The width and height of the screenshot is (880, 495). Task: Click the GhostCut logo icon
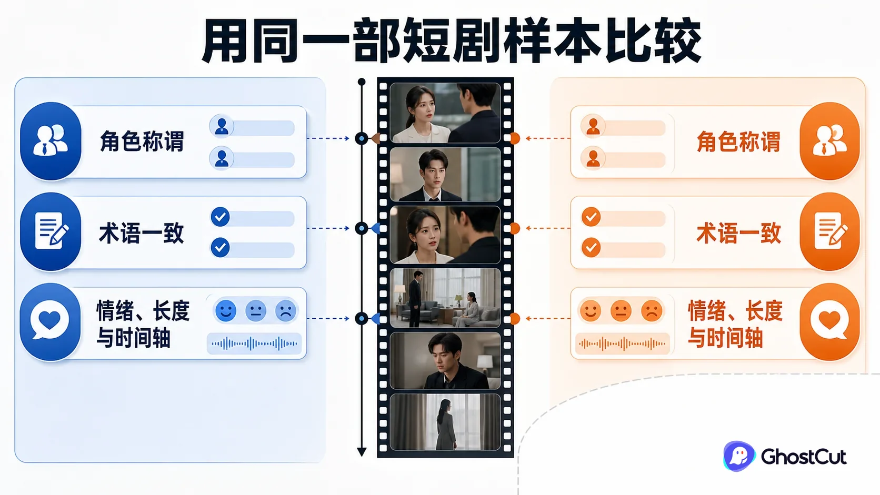click(739, 456)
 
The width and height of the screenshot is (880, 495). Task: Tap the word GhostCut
click(803, 457)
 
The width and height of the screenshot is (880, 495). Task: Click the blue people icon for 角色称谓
click(51, 141)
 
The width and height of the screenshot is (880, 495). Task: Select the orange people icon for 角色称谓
click(829, 141)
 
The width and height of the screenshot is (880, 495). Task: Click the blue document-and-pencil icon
click(51, 231)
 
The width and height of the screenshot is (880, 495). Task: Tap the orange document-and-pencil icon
click(829, 231)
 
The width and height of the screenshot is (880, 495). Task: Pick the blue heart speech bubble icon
click(51, 322)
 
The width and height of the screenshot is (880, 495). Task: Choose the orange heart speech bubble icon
click(829, 322)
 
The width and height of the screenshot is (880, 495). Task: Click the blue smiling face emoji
click(226, 311)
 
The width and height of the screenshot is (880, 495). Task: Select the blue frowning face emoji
click(286, 311)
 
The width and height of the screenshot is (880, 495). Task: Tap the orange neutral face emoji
click(621, 311)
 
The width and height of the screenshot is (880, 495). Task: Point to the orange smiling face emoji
click(591, 311)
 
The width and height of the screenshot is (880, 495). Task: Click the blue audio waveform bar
click(254, 344)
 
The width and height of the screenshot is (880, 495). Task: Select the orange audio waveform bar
click(622, 344)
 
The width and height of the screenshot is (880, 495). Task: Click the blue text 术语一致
click(142, 233)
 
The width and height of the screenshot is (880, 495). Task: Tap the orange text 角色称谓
click(738, 142)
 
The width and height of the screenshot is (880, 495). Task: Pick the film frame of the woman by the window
click(445, 422)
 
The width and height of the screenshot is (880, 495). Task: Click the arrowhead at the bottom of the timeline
click(362, 451)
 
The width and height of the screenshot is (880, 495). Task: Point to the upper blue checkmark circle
click(220, 217)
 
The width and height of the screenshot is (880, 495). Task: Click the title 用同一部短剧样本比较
click(452, 41)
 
